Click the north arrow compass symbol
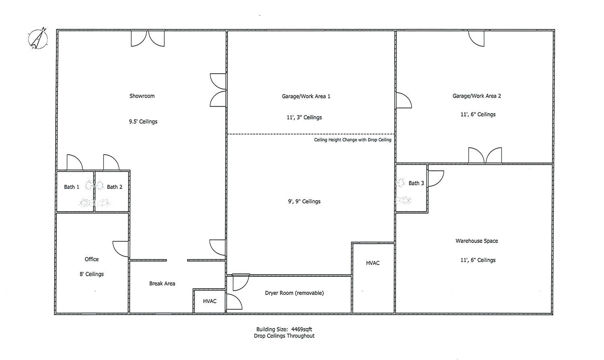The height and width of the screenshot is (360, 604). click(x=38, y=39)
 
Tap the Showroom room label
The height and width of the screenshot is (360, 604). click(x=142, y=96)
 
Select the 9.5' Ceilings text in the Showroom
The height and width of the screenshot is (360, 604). click(x=143, y=122)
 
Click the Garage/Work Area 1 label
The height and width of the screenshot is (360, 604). click(x=306, y=96)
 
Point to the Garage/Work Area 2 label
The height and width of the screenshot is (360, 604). click(x=476, y=96)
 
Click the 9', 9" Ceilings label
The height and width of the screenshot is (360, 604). click(x=304, y=201)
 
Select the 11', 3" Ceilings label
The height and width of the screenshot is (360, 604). click(x=304, y=117)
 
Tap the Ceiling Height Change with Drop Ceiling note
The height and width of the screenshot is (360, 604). click(x=352, y=140)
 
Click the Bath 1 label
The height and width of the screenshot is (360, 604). click(x=71, y=187)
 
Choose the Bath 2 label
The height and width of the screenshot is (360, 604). click(x=114, y=187)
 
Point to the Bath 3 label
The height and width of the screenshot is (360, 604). click(x=416, y=183)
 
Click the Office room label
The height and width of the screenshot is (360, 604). click(x=91, y=259)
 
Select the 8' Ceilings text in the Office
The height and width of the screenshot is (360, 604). click(x=91, y=274)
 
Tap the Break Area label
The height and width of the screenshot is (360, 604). click(x=162, y=283)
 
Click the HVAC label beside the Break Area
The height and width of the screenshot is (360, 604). click(x=209, y=301)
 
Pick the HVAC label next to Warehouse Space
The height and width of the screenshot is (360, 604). click(x=372, y=263)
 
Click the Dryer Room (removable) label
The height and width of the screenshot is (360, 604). click(x=294, y=293)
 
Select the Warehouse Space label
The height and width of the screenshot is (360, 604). click(x=476, y=241)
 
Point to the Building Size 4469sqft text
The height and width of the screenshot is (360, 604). click(x=284, y=329)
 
